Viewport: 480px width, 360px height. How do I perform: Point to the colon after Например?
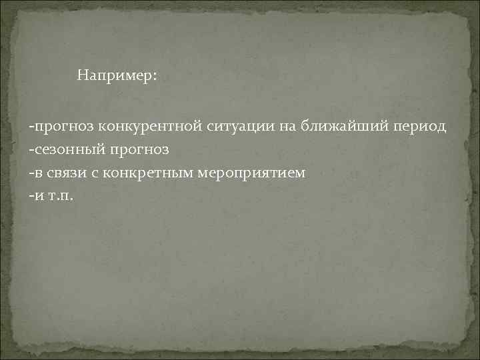[156, 77]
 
